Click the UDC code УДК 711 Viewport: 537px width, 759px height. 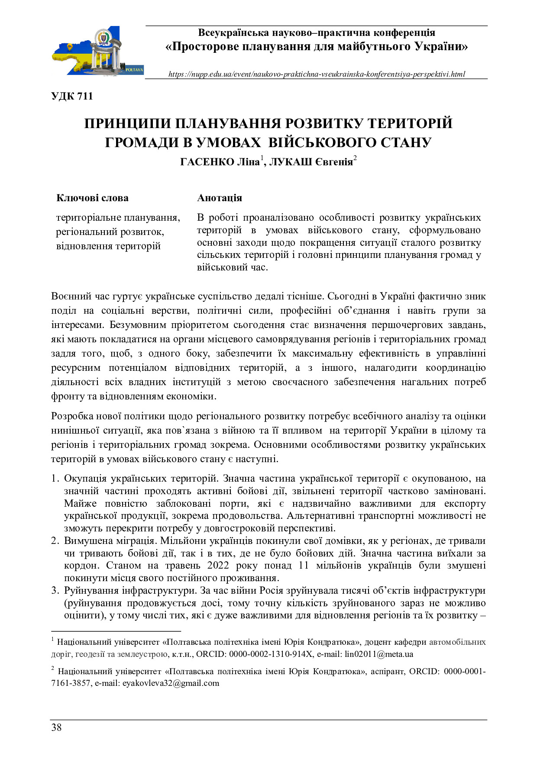pos(72,96)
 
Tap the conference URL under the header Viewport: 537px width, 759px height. pos(317,74)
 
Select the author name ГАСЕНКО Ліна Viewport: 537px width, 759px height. pos(220,162)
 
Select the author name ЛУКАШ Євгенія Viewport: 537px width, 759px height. pos(311,162)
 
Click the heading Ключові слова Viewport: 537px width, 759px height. pos(92,198)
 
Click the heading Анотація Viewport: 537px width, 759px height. pos(220,198)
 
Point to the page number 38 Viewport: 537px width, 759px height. pos(56,727)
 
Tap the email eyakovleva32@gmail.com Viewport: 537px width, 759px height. pos(171,683)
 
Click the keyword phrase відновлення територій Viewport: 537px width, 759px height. pos(108,246)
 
